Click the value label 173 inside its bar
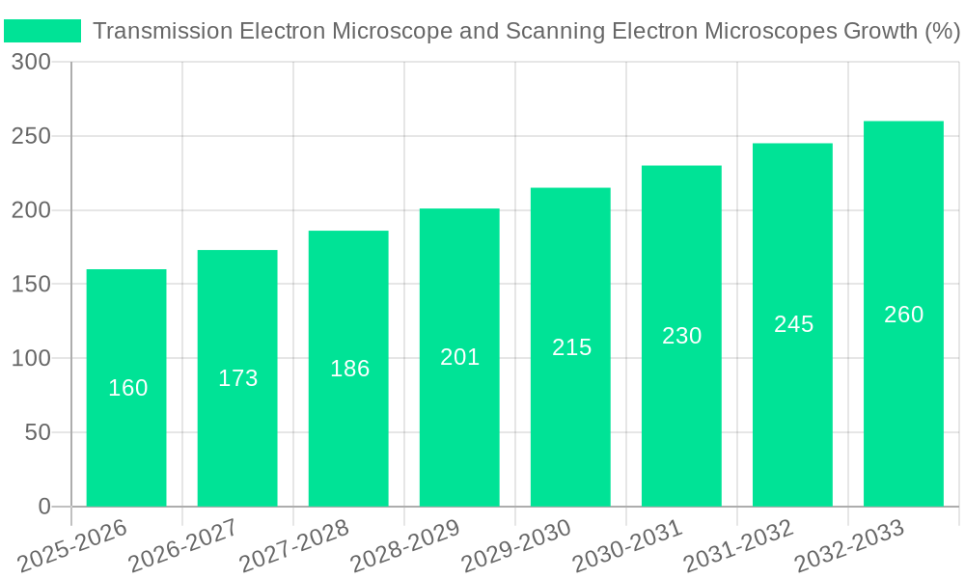coord(237,378)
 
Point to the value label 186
coord(349,369)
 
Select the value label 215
coord(571,347)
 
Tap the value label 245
coord(793,324)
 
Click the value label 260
coord(903,315)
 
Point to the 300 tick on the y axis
coord(31,63)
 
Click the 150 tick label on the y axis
coord(31,285)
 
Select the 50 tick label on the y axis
coord(38,432)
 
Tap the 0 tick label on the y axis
coord(44,507)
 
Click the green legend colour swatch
coord(42,31)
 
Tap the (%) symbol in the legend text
coord(941,31)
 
